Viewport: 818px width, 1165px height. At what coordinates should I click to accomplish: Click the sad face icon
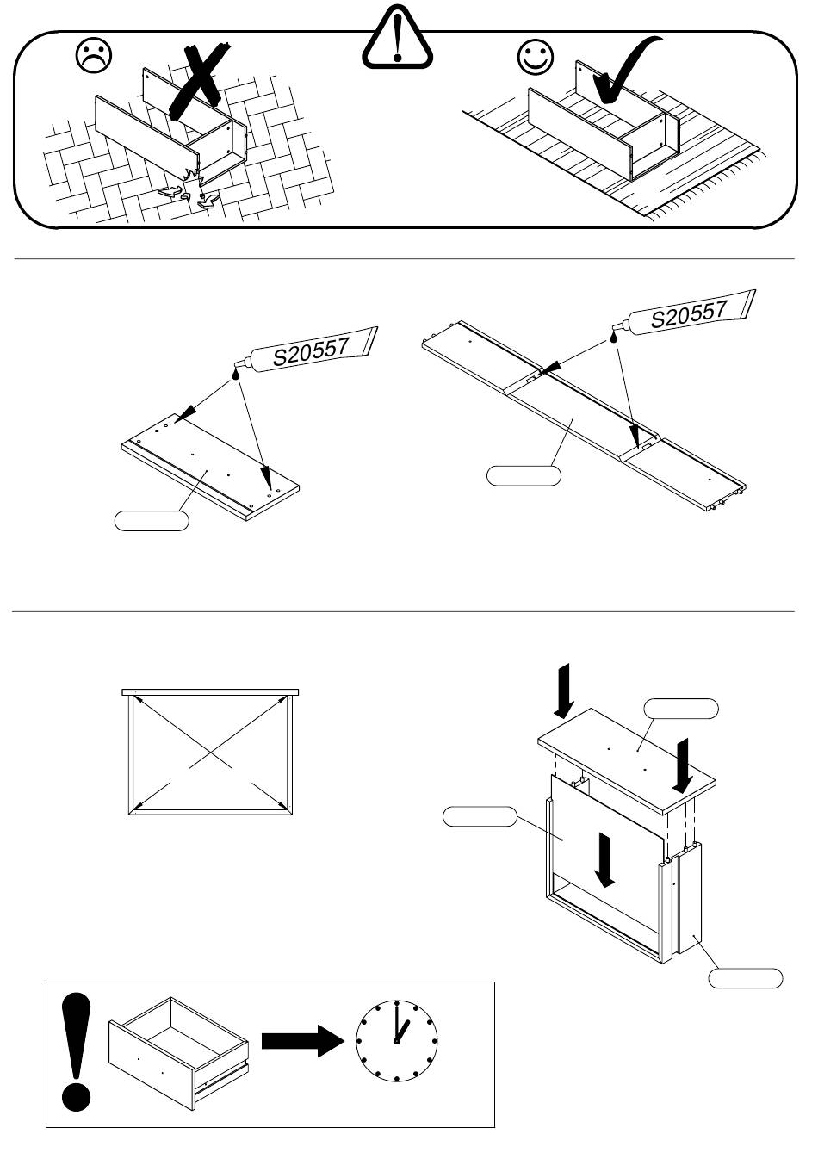[94, 56]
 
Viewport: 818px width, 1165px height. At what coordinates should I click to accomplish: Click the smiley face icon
[535, 57]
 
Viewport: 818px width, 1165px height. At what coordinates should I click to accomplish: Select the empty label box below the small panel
[152, 520]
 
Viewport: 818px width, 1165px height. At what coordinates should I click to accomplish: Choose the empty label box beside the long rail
[524, 475]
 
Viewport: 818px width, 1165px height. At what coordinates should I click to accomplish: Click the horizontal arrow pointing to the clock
[302, 1041]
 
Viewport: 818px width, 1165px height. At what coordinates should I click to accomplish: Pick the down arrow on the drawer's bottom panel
[605, 861]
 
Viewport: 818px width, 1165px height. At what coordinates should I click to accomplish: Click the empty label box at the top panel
[681, 709]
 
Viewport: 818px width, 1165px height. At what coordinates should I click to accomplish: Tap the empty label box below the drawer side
[746, 978]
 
